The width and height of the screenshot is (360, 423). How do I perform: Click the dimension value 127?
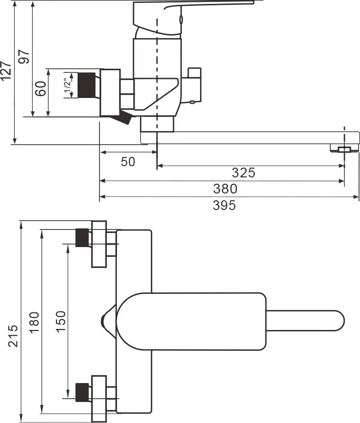tap(6, 71)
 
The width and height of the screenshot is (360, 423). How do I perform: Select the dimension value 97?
tap(24, 57)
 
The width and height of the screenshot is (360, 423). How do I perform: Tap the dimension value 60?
tap(41, 89)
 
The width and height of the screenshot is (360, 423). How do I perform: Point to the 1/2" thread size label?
tap(67, 85)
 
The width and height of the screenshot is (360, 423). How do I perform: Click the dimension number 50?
tap(128, 162)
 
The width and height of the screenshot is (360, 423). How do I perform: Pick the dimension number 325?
tap(243, 173)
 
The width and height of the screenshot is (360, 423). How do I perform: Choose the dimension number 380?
tap(225, 189)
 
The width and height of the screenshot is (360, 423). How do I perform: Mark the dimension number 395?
tap(224, 205)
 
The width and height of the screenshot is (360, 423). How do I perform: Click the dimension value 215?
tap(13, 336)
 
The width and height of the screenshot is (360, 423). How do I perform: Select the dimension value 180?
tap(34, 323)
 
